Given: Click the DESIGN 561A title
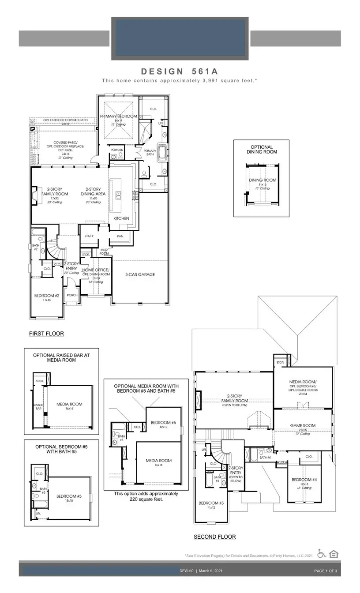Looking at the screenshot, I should click(x=180, y=71).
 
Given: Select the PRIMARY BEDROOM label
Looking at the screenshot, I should click(x=118, y=116).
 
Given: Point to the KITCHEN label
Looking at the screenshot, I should click(x=121, y=218).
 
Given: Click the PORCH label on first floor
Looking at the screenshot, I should click(x=71, y=296).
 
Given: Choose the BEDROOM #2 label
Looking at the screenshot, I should click(x=47, y=296).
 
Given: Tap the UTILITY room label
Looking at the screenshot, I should click(x=89, y=236).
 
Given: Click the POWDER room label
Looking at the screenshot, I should click(x=117, y=150).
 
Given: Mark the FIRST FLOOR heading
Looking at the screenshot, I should click(x=46, y=334).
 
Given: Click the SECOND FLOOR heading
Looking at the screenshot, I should click(x=215, y=537).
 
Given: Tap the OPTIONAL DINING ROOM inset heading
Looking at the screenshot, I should click(x=262, y=150).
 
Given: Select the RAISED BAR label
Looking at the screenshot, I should click(x=38, y=407).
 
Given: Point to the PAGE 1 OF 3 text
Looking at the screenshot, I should click(x=326, y=571).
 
